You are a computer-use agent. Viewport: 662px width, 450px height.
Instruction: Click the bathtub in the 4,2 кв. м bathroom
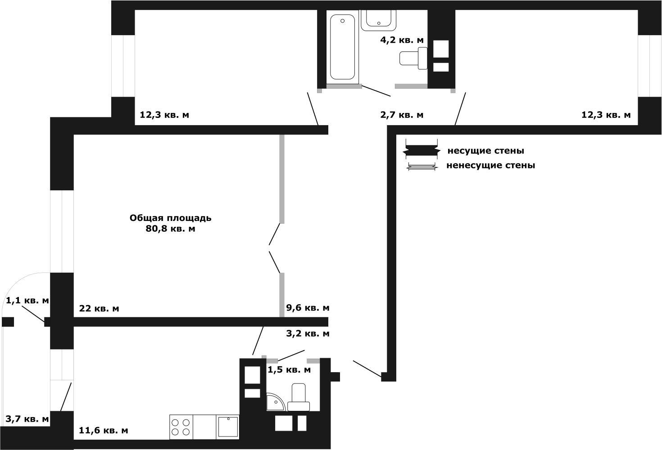pos(342,47)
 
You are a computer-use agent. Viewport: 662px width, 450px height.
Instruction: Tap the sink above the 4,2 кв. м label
pos(379,20)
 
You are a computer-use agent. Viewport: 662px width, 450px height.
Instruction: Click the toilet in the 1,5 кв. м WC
pos(299,397)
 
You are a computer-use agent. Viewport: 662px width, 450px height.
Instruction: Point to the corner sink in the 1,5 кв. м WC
pos(275,402)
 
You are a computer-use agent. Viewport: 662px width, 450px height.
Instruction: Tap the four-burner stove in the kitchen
pos(181,427)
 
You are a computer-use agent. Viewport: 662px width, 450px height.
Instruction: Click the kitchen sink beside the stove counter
pos(228,427)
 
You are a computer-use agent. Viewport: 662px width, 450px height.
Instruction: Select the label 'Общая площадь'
pos(171,218)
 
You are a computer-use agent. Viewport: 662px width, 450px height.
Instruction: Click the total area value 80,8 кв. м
pos(171,229)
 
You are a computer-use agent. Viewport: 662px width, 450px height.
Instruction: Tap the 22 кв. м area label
pos(99,309)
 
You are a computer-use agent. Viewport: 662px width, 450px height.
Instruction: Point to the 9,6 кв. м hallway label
pos(308,308)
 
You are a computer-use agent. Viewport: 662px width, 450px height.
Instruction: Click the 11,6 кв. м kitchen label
pos(104,431)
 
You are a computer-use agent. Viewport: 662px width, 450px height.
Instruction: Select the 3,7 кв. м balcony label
pos(27,419)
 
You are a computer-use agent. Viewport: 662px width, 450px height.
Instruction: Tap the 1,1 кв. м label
pos(27,301)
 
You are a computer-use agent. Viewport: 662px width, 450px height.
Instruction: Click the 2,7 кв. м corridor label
pos(402,115)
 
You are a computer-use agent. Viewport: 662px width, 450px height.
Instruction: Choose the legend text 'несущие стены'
pos(486,151)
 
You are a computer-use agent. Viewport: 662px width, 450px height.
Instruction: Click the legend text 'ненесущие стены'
pos(490,165)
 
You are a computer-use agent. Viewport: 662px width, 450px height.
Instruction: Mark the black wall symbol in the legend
pos(422,151)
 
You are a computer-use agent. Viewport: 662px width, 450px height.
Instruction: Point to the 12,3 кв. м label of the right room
pos(606,115)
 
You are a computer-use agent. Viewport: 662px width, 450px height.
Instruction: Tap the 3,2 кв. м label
pos(308,333)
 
